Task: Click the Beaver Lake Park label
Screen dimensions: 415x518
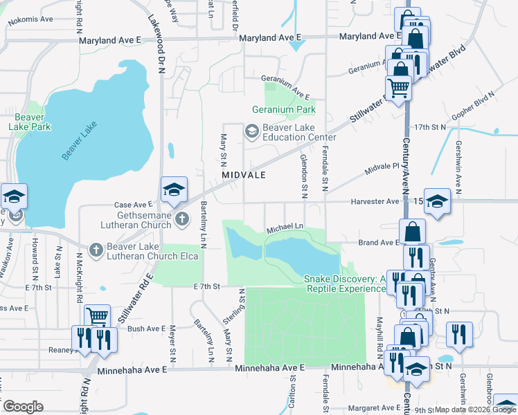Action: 30,122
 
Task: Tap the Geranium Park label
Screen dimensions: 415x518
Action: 283,109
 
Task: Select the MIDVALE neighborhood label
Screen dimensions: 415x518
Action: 244,176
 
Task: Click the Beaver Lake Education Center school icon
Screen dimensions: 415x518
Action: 251,130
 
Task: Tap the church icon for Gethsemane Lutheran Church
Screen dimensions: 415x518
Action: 181,220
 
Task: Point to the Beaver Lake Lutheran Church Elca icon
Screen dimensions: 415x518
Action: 96,250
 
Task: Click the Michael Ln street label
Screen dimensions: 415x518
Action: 285,227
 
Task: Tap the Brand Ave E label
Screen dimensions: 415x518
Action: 378,243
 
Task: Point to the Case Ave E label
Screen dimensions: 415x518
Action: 132,205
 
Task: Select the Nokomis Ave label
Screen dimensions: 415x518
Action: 30,21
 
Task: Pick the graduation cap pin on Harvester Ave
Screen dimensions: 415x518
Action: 437,202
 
